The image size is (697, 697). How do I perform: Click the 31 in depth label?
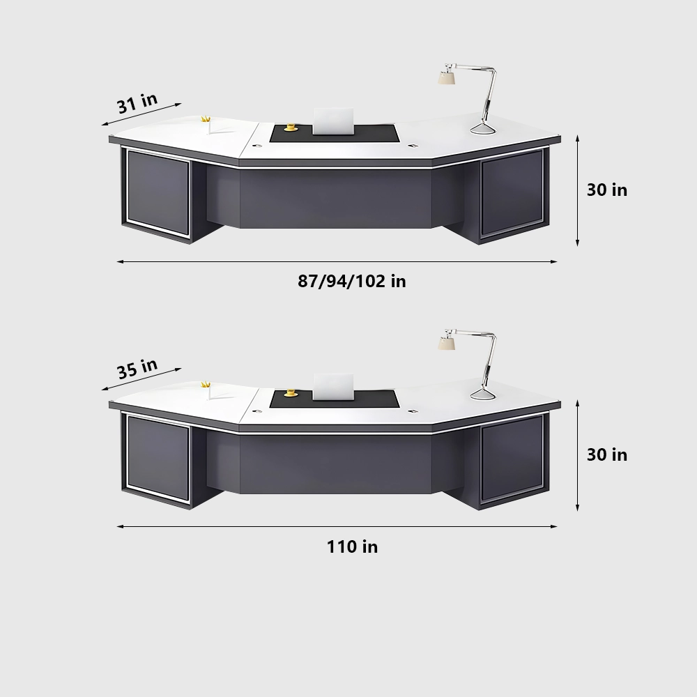coord(137,103)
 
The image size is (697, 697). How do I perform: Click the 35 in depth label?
coord(137,367)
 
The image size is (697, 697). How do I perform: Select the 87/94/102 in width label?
coord(352,281)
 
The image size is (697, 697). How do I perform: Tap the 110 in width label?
coord(352,546)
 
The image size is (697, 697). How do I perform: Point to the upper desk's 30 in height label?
coord(606,190)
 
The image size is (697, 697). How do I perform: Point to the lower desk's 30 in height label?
coord(606,454)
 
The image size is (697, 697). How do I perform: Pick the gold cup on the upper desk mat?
coord(290,127)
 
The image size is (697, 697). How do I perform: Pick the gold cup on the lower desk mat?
coord(290,392)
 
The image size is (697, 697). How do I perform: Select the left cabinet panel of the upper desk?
coord(158,193)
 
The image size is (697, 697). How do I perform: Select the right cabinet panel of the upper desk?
coord(512,192)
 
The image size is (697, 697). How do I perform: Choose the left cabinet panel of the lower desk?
coord(158,458)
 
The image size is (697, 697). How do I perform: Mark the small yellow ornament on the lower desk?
coord(206,384)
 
